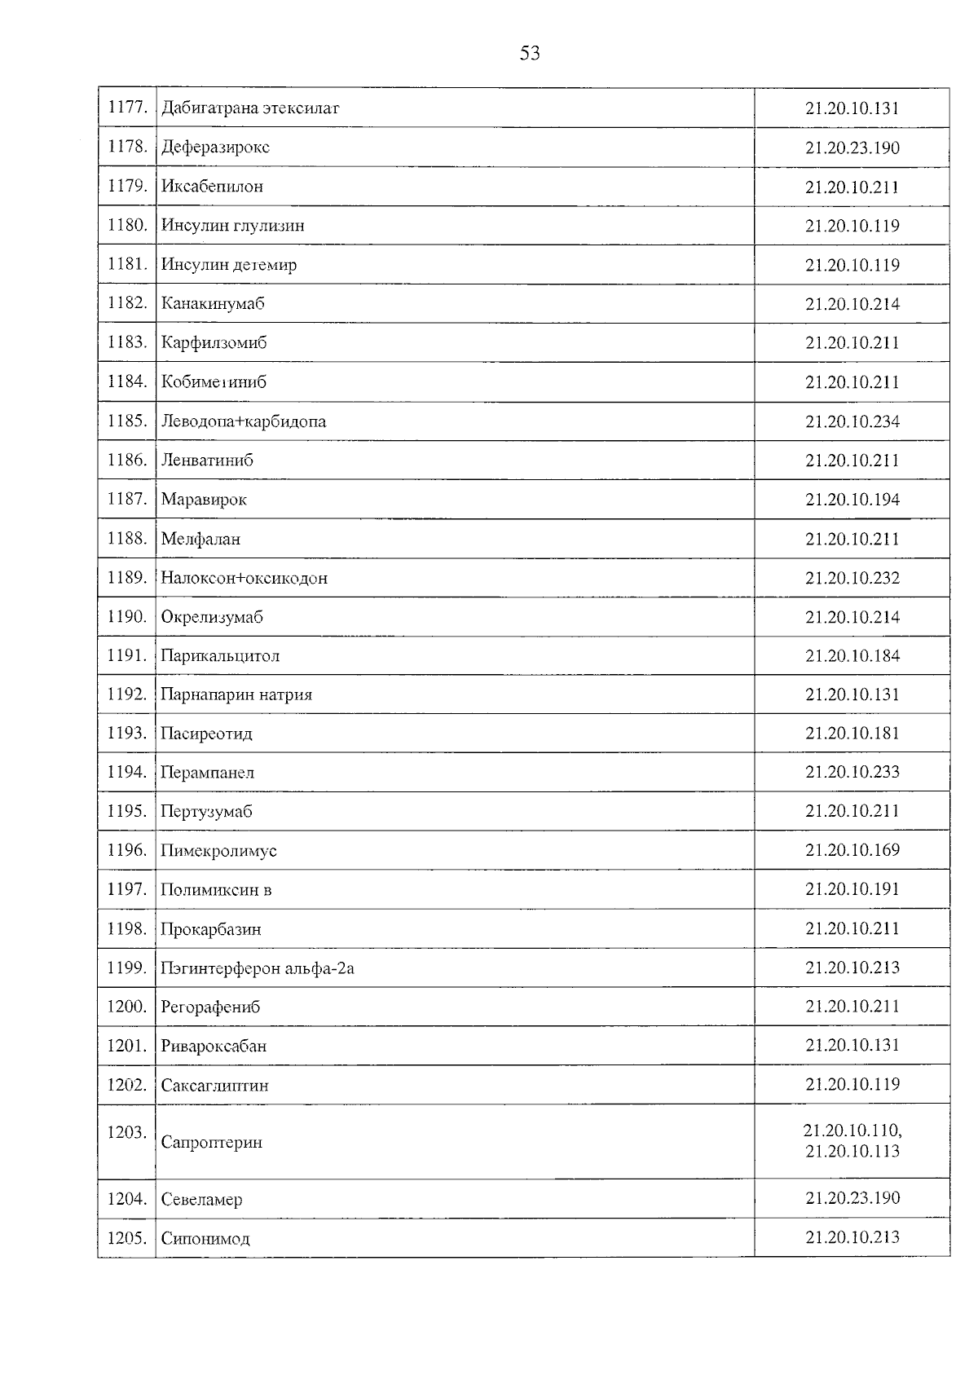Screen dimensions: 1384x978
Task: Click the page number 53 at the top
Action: click(x=530, y=54)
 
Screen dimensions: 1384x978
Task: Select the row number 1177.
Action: click(x=127, y=107)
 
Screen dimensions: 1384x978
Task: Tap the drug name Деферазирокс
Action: click(x=215, y=147)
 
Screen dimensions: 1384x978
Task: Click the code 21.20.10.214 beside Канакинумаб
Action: click(x=852, y=304)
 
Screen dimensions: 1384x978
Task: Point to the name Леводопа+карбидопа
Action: click(x=243, y=421)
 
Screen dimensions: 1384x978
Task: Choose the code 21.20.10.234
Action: click(x=852, y=421)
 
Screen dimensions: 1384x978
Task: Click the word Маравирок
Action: click(x=204, y=500)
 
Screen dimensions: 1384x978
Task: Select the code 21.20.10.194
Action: click(x=852, y=500)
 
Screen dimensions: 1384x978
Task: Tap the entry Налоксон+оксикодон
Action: click(x=244, y=578)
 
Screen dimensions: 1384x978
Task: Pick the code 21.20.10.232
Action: click(x=852, y=578)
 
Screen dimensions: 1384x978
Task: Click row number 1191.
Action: click(x=127, y=655)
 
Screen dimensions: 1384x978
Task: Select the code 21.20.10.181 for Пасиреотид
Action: click(x=852, y=733)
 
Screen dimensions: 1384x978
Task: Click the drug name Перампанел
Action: click(x=207, y=772)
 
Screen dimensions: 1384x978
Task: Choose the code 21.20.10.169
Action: click(x=852, y=850)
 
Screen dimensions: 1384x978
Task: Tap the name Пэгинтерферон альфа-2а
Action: click(x=257, y=968)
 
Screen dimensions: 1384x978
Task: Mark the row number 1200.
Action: click(x=127, y=1007)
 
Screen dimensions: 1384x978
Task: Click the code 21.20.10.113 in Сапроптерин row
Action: click(x=852, y=1151)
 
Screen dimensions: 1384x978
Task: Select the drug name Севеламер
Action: click(x=201, y=1199)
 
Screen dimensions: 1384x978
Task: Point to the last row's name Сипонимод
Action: click(x=205, y=1238)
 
